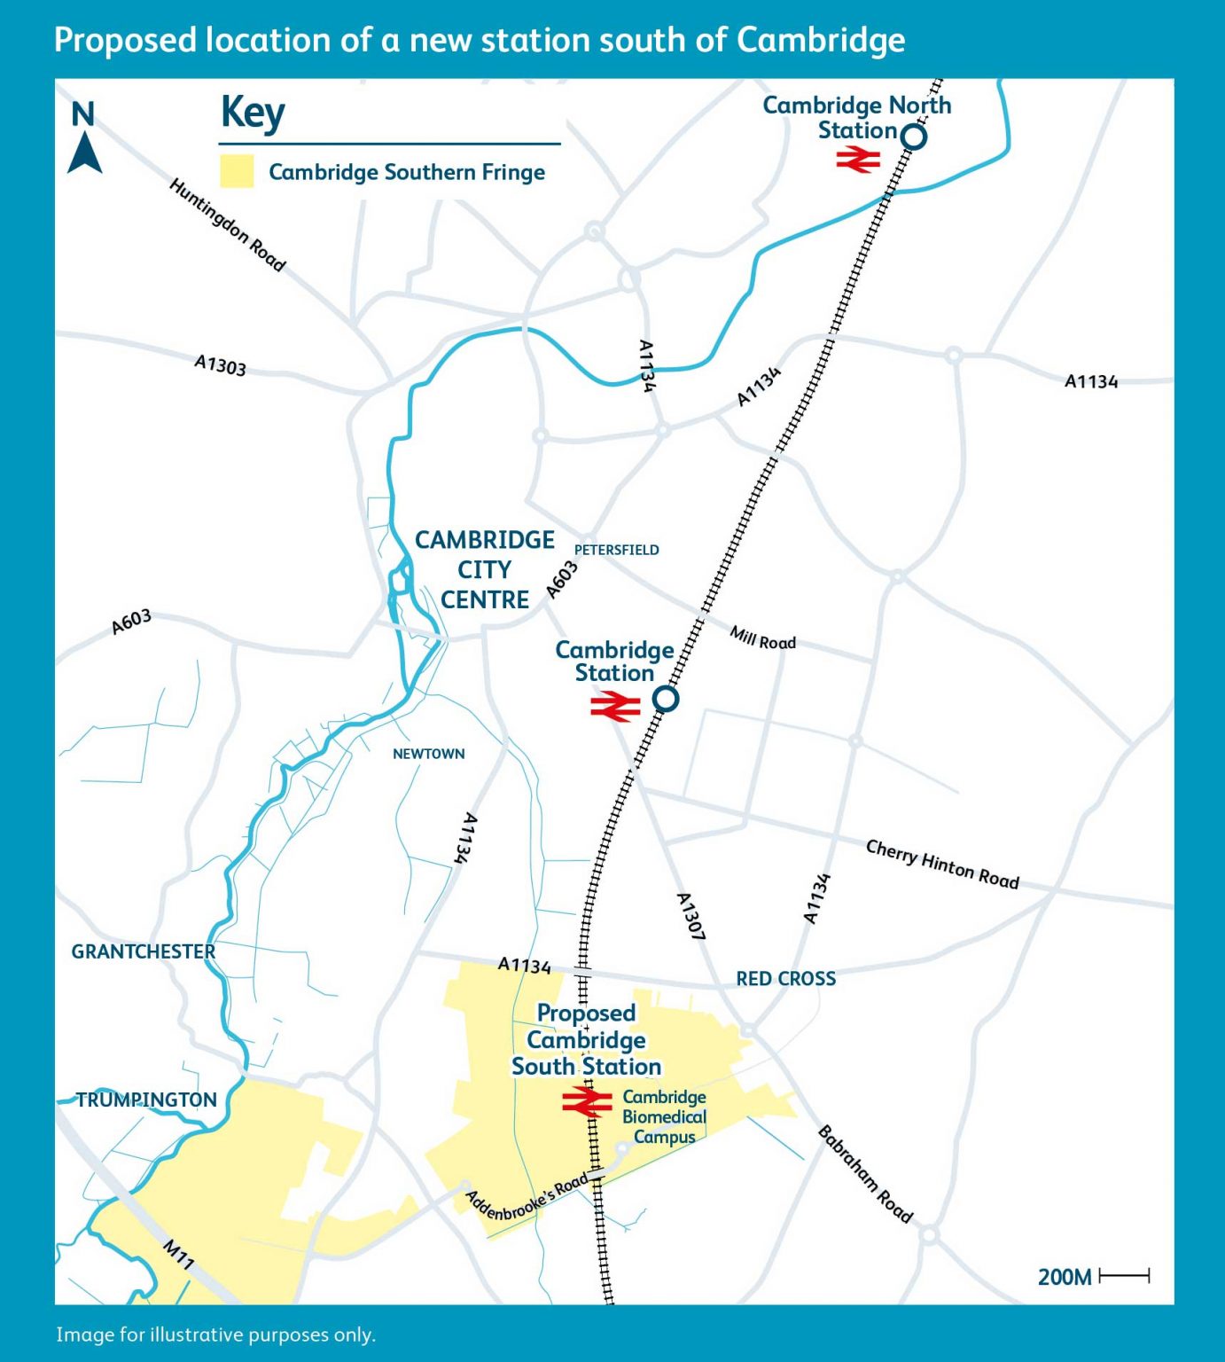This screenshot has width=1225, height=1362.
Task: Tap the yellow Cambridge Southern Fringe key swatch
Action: point(237,171)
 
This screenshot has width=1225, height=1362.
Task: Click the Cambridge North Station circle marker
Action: point(913,137)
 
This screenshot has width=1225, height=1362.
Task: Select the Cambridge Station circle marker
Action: point(666,699)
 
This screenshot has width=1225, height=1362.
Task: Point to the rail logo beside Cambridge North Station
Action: point(858,160)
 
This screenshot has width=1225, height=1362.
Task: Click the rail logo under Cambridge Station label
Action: point(615,707)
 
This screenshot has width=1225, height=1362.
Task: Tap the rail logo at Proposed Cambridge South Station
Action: point(587,1102)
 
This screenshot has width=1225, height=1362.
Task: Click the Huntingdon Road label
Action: point(227,224)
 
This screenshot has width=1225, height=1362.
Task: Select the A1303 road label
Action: point(220,364)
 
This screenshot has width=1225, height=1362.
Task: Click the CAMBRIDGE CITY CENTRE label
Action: point(485,569)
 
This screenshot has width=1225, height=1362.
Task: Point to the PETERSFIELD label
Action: point(616,550)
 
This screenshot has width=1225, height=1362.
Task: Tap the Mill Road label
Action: point(762,638)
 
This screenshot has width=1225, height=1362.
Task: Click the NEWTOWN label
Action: point(428,754)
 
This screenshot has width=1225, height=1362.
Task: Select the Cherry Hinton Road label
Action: point(942,864)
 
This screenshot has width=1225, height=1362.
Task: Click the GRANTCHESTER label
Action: point(143,951)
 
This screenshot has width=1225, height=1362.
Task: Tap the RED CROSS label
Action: point(785,979)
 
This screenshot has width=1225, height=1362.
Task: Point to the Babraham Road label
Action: point(864,1174)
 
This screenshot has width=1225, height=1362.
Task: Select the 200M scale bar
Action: point(1123,1276)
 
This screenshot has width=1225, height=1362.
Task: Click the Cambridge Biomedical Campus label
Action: point(664,1117)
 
